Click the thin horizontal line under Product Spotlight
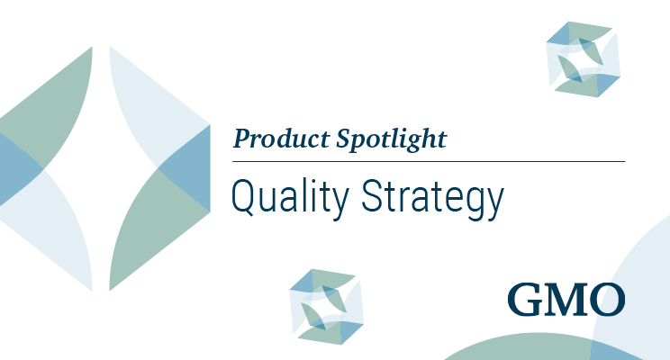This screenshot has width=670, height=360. click(x=429, y=162)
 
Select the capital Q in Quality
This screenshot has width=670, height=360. click(x=242, y=194)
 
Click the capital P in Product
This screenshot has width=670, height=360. click(x=240, y=139)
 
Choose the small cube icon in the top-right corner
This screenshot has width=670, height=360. click(x=584, y=56)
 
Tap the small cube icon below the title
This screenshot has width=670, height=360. click(x=327, y=306)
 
